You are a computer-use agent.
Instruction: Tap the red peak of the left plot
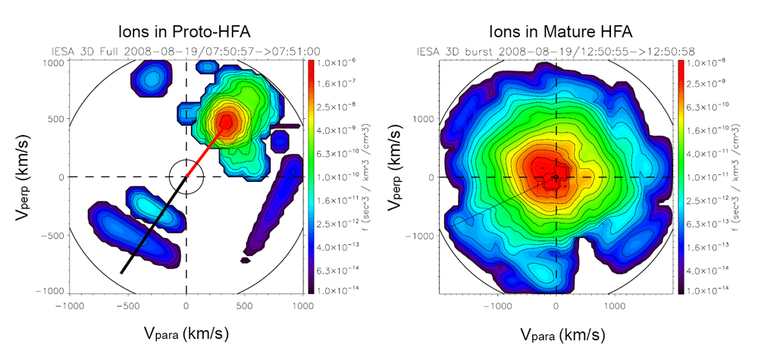226,121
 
